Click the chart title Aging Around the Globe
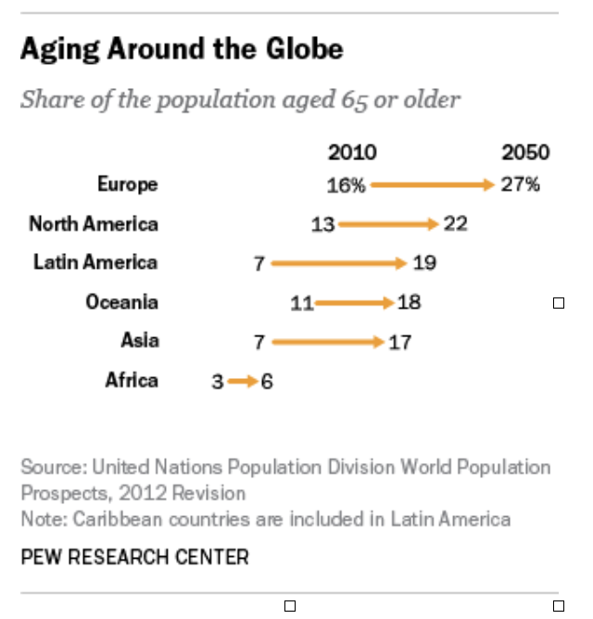point(182,49)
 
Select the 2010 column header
point(352,153)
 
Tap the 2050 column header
point(525,153)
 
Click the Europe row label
point(128,184)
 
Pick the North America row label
point(94,223)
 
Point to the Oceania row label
point(121,302)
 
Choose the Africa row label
point(132,380)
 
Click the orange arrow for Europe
point(433,185)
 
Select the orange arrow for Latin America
point(338,263)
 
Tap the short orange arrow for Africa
point(242,381)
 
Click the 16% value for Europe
point(346,185)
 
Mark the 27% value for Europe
point(520,184)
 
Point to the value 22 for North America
point(455,224)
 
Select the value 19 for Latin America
point(424,263)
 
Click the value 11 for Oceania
point(302,303)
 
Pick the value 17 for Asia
point(400,342)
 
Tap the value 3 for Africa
point(217,381)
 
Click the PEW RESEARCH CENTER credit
point(134,557)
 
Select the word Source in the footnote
point(50,467)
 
